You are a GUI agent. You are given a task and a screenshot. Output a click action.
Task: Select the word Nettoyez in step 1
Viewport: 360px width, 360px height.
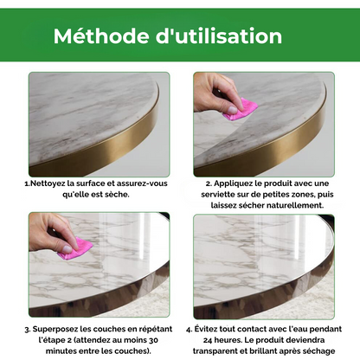click(x=49, y=183)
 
